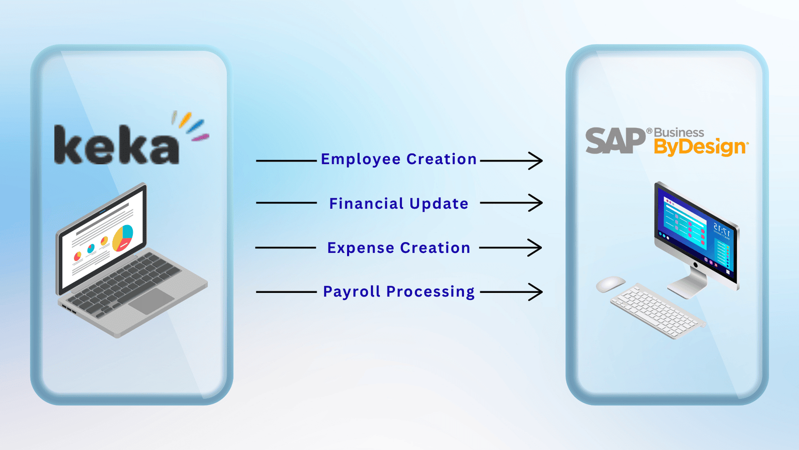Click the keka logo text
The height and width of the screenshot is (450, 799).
pyautogui.click(x=116, y=145)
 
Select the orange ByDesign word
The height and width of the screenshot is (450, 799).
pyautogui.click(x=700, y=147)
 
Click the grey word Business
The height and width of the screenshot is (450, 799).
pyautogui.click(x=679, y=132)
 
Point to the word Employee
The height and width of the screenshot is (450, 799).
pyautogui.click(x=361, y=159)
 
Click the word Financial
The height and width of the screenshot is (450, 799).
pyautogui.click(x=366, y=203)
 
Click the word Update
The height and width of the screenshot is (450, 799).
pyautogui.click(x=439, y=203)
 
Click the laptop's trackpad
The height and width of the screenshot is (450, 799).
pyautogui.click(x=151, y=301)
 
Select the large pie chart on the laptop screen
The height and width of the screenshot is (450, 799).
pyautogui.click(x=123, y=237)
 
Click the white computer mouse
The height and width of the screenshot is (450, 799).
pyautogui.click(x=610, y=284)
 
